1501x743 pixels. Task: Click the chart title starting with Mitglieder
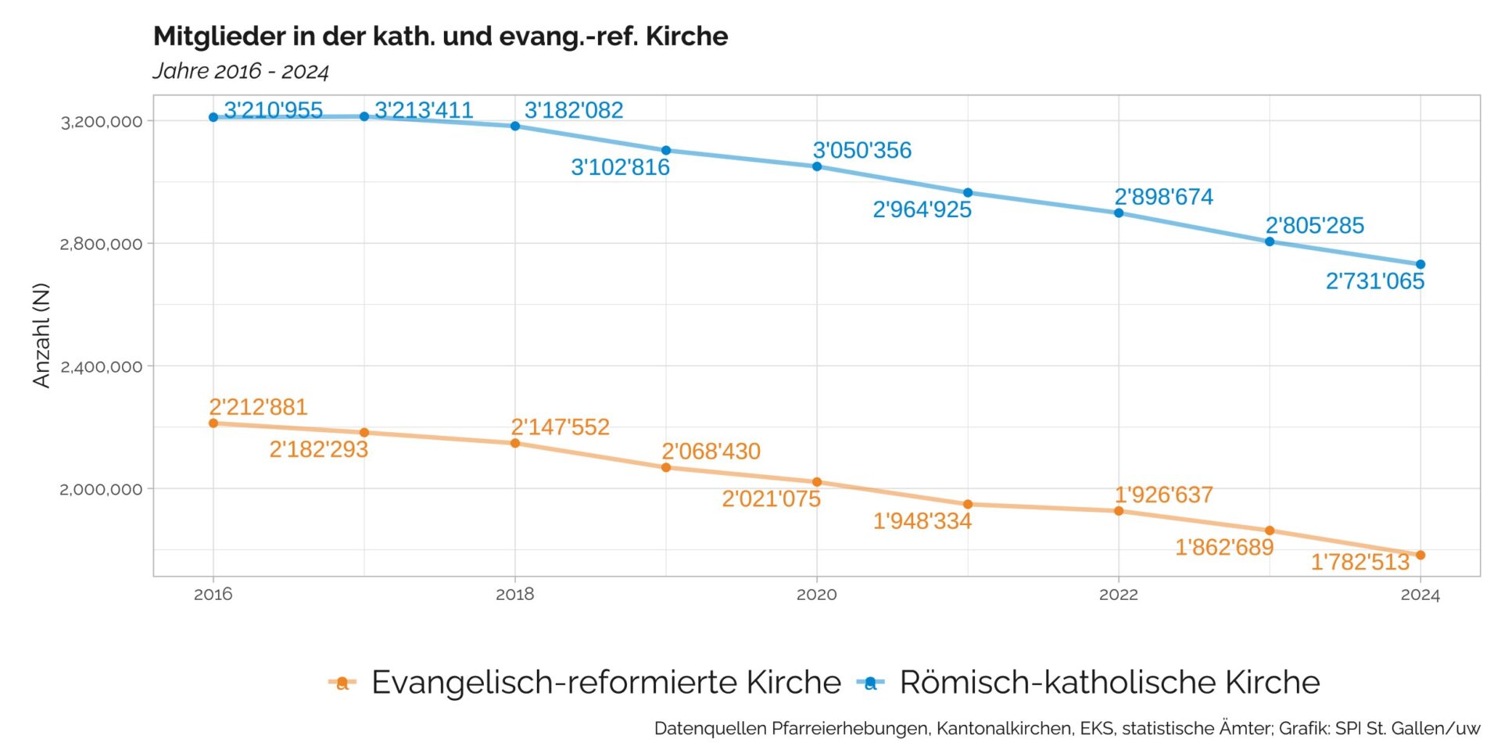click(x=440, y=37)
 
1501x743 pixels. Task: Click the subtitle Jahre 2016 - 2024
click(x=241, y=71)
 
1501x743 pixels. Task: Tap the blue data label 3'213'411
click(x=424, y=110)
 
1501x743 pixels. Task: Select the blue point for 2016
click(x=213, y=117)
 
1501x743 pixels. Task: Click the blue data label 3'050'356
click(x=862, y=150)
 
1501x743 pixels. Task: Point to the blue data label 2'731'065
click(x=1375, y=281)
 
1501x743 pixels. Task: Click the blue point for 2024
click(x=1420, y=265)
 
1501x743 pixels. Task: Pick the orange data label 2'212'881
click(x=258, y=407)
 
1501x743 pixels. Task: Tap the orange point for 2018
click(x=515, y=444)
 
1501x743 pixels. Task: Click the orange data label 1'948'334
click(x=922, y=521)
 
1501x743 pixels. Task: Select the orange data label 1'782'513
click(x=1360, y=562)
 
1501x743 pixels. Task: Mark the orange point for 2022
click(x=1119, y=511)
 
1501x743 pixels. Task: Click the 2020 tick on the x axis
click(x=817, y=595)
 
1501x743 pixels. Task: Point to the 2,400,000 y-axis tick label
click(x=102, y=366)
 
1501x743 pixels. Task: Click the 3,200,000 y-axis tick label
click(x=102, y=121)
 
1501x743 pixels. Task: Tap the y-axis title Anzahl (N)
click(x=41, y=335)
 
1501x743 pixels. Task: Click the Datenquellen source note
click(x=1067, y=728)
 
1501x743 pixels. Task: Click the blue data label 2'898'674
click(x=1164, y=197)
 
